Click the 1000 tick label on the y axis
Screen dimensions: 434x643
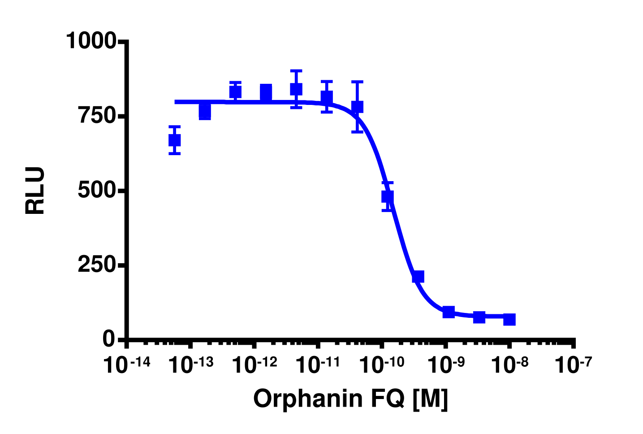(x=91, y=41)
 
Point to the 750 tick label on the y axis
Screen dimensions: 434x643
(x=98, y=116)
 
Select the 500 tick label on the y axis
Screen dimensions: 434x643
(x=98, y=191)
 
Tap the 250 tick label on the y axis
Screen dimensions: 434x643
(x=98, y=265)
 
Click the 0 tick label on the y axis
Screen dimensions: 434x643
(x=109, y=339)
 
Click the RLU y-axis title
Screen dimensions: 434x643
(x=35, y=191)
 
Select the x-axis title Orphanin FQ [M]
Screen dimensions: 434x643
(x=350, y=398)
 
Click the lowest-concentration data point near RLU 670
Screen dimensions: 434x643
(x=174, y=140)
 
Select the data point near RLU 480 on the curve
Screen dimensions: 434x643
(x=388, y=196)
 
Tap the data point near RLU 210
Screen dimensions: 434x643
(x=418, y=277)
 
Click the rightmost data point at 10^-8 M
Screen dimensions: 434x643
(x=509, y=319)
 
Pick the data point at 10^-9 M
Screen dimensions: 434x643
(x=449, y=312)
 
